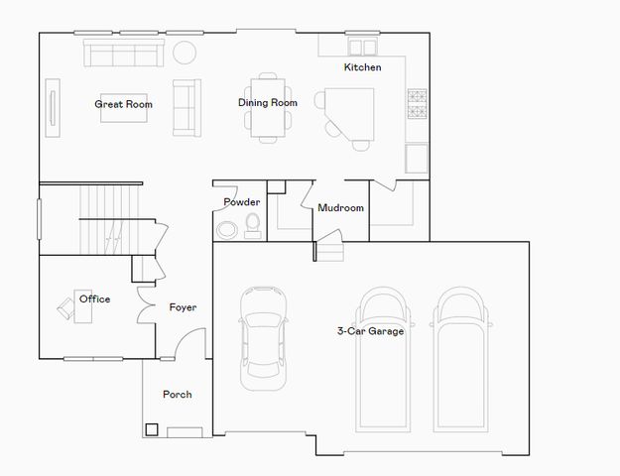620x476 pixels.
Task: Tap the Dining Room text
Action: click(268, 102)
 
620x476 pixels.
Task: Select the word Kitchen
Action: click(362, 67)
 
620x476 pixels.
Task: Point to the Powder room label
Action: click(241, 202)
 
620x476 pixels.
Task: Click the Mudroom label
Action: click(340, 208)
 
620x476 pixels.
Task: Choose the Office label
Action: click(95, 299)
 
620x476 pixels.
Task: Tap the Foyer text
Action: click(183, 307)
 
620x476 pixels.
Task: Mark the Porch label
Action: click(178, 395)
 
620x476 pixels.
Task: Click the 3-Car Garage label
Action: click(370, 331)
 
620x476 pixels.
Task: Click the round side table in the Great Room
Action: click(186, 52)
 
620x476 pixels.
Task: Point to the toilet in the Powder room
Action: click(252, 226)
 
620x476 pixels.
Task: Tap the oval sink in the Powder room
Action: click(227, 231)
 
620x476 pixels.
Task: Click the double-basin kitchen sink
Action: click(364, 47)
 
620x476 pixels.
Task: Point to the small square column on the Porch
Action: click(152, 430)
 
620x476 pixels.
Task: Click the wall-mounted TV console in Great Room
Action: click(53, 103)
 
